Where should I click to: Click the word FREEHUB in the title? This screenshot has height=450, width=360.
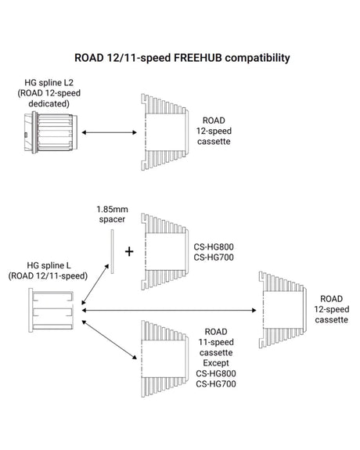tap(198, 58)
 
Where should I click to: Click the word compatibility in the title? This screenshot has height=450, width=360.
tap(257, 58)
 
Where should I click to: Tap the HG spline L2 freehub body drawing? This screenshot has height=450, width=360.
tap(51, 132)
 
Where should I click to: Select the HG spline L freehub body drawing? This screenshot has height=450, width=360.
tap(51, 310)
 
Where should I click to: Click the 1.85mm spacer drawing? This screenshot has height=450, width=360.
tap(112, 251)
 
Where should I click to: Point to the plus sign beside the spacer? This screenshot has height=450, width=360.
tap(129, 252)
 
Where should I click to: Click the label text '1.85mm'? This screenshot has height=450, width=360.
tap(112, 209)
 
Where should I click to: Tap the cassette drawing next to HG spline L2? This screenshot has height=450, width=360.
tap(165, 132)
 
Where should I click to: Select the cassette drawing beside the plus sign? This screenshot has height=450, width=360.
tap(165, 251)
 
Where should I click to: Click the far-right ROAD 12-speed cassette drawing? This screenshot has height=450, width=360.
tap(283, 310)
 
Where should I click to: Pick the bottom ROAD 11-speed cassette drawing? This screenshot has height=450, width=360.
tap(165, 359)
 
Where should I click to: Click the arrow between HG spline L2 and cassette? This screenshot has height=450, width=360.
tap(109, 132)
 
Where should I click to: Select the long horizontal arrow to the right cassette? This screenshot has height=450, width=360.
tap(169, 310)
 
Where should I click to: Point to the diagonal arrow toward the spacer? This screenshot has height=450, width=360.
tap(95, 284)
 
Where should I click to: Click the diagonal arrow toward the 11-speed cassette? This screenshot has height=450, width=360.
tap(109, 340)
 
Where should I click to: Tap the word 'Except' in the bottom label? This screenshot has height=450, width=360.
tap(216, 363)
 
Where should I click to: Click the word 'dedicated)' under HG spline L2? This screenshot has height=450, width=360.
tap(49, 103)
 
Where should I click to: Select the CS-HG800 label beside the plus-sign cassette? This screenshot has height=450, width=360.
tap(214, 247)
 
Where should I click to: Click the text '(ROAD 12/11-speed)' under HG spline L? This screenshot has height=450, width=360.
tap(48, 276)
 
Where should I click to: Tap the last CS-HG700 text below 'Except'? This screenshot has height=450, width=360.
tap(216, 384)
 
